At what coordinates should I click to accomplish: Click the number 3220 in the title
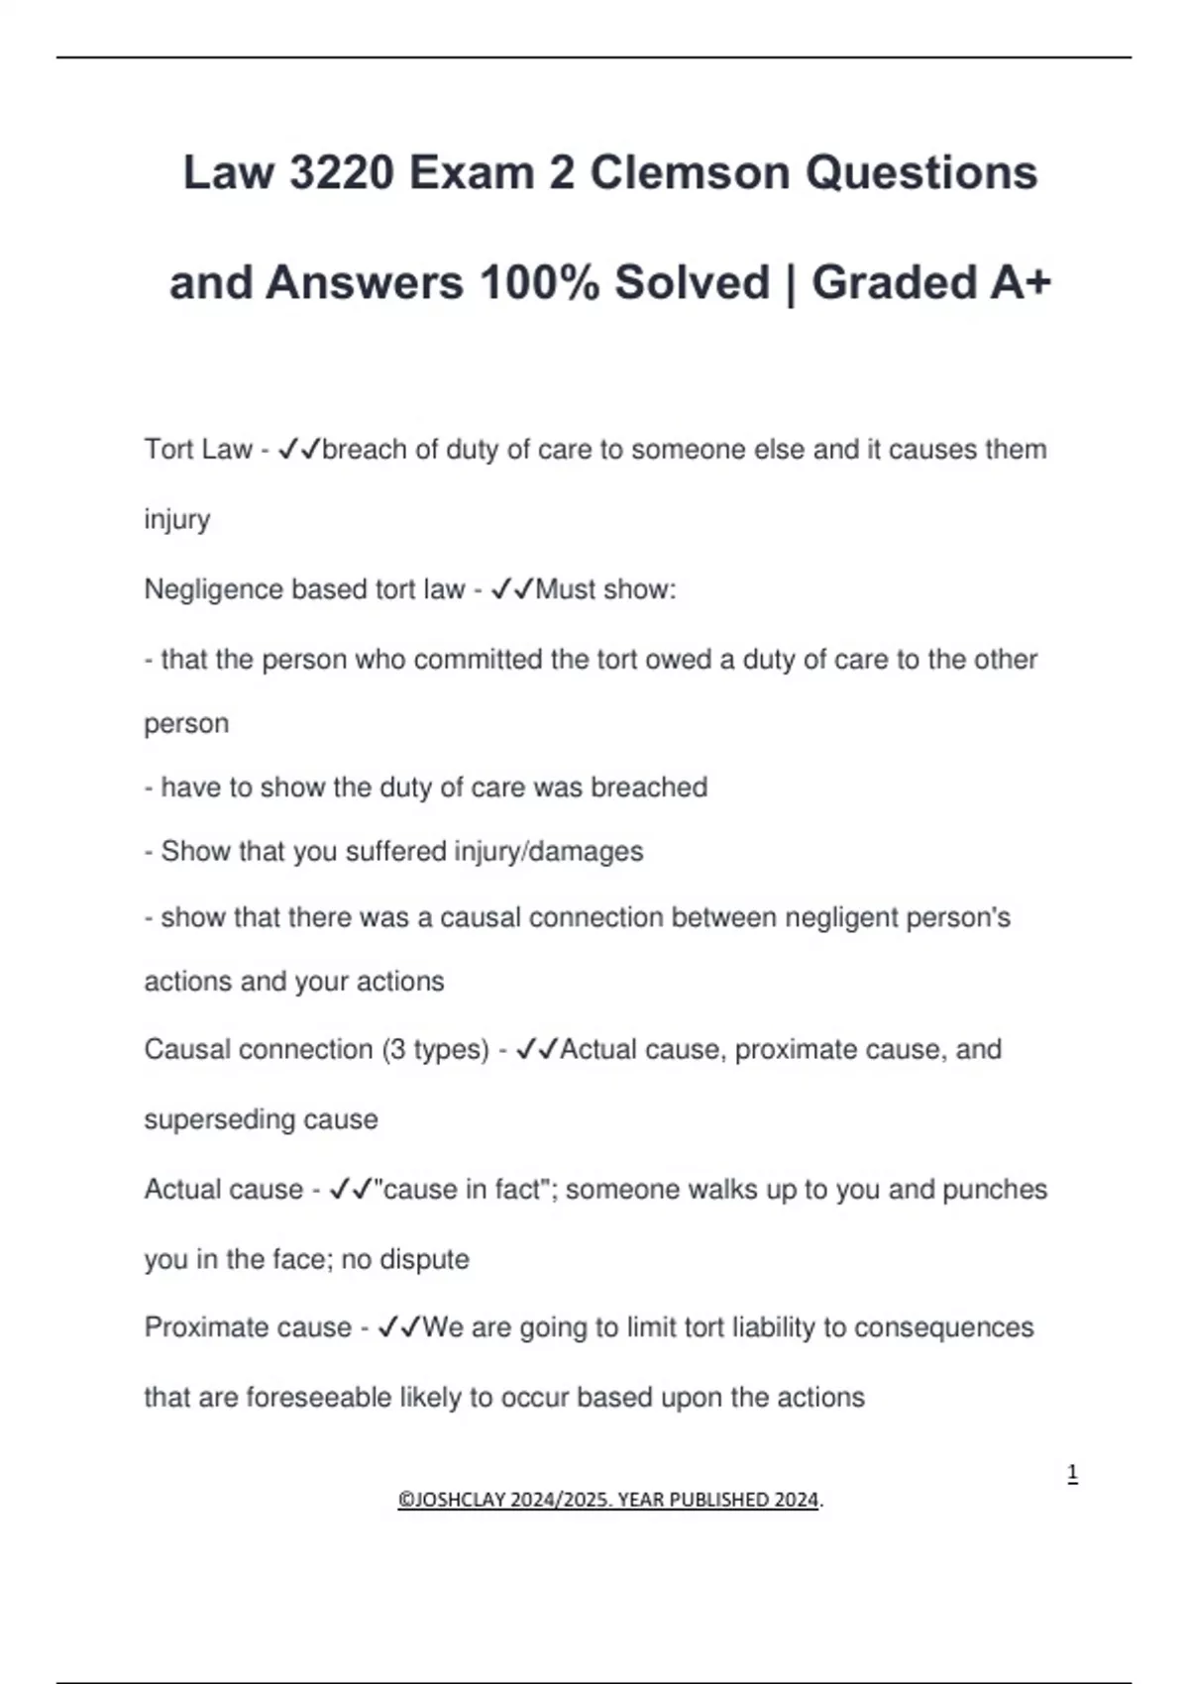tap(340, 173)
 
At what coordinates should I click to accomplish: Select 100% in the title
tap(539, 283)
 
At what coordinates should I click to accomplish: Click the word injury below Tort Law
tap(176, 520)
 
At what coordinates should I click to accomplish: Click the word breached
tap(649, 788)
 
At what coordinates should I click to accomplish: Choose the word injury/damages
tap(548, 852)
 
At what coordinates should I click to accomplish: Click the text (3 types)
tap(435, 1050)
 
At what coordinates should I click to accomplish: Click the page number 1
tap(1072, 1474)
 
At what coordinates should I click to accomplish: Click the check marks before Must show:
tap(512, 589)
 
